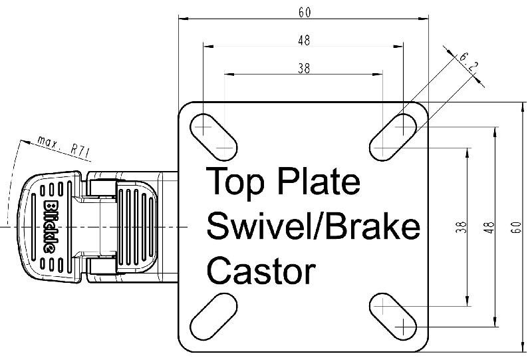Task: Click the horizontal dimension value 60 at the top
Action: point(304,11)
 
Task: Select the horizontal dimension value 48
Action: point(303,40)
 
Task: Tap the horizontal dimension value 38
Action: point(303,67)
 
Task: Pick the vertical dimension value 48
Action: point(489,226)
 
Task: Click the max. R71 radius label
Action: point(64,146)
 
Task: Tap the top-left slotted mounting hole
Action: point(215,135)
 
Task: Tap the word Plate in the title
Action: point(319,182)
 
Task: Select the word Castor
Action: point(261,271)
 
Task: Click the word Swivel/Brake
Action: point(313,227)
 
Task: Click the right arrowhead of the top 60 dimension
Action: point(426,19)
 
